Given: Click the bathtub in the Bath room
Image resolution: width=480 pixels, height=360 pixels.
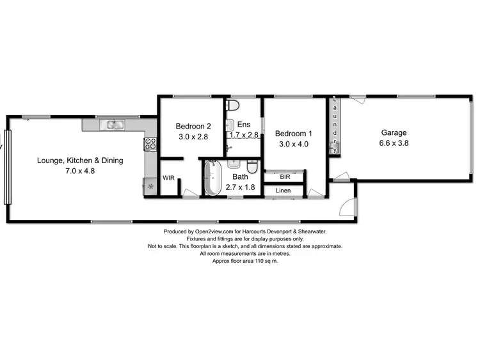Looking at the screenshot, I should click(x=212, y=178).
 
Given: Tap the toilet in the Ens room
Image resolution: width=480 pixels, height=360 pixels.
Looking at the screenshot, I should click(x=234, y=105).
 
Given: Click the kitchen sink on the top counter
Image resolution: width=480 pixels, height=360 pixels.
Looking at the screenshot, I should click(x=116, y=125).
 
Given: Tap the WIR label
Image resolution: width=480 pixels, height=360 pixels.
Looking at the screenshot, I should click(x=169, y=178).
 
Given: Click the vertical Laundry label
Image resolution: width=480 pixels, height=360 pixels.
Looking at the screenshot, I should click(x=334, y=126).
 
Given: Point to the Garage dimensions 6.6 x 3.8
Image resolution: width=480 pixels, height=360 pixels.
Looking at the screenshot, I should click(x=394, y=143).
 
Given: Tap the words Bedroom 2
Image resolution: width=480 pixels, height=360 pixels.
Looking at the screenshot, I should click(x=193, y=127).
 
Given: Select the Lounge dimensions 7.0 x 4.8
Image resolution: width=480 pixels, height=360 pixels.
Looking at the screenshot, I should click(x=80, y=171).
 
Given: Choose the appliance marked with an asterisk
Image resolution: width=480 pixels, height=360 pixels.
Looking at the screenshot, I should click(x=151, y=187).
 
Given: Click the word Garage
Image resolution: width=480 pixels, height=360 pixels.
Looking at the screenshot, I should click(x=394, y=133).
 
